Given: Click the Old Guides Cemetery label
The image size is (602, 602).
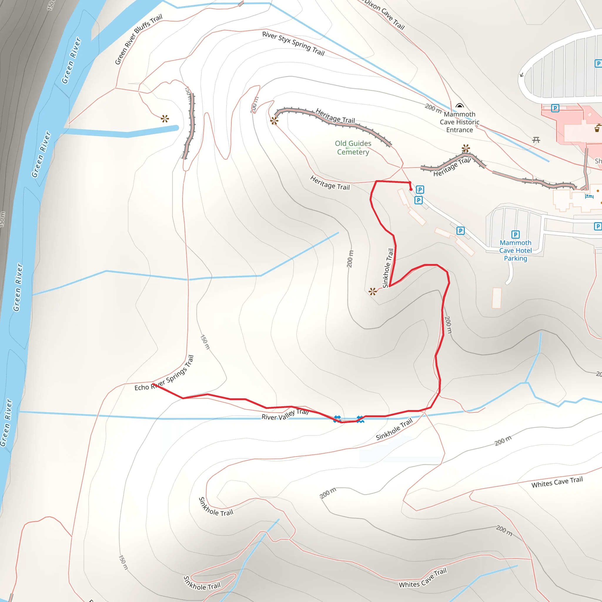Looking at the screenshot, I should (353, 148).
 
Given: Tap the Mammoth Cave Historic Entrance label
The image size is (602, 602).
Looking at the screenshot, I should (460, 122).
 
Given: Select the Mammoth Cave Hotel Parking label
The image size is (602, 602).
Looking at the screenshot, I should (515, 250).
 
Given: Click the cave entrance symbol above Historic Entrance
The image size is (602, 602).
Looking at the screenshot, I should (460, 106).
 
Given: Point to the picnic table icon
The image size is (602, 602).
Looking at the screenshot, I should (536, 140).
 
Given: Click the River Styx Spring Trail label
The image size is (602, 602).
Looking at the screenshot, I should (293, 43).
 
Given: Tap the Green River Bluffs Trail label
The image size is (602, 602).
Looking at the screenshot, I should (139, 39).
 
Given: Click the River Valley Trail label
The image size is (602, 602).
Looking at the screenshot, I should (285, 415).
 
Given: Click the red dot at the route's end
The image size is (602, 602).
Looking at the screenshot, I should (411, 189).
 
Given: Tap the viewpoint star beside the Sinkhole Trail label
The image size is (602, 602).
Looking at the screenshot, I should (373, 292).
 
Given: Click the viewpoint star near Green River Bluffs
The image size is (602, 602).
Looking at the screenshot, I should (165, 119).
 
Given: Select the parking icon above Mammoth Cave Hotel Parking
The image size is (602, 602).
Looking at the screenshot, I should (515, 234).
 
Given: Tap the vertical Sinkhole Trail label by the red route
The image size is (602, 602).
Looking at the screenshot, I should (388, 268).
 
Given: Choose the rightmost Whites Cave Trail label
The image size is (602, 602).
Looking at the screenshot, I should (557, 482).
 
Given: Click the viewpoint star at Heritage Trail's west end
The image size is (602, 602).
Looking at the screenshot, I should (274, 121).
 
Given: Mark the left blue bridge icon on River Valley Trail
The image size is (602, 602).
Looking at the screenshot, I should (337, 419).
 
